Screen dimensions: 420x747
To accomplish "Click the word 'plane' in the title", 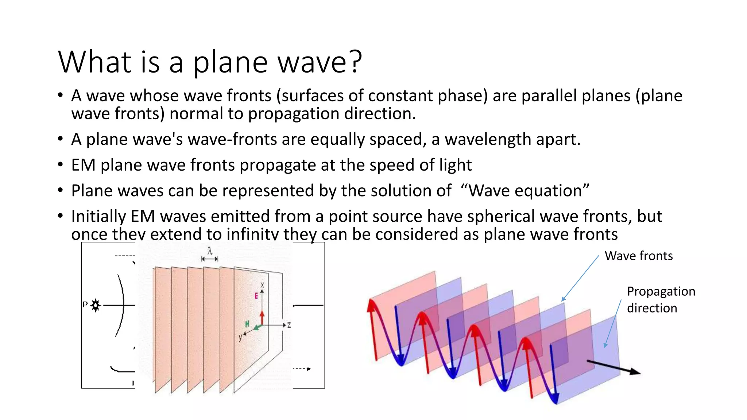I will [x=230, y=62].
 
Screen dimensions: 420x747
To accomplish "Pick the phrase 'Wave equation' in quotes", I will [x=525, y=191].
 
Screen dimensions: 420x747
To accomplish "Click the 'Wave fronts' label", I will [x=638, y=256].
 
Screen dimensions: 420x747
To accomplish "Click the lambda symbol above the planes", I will [x=210, y=251].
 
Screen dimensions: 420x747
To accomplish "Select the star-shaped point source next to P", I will [x=96, y=305].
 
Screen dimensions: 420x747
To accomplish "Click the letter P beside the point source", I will [x=85, y=304].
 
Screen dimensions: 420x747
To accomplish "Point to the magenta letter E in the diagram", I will [x=256, y=296].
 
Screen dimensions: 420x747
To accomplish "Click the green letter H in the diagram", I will [x=247, y=324].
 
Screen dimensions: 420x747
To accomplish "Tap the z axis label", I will [x=289, y=325].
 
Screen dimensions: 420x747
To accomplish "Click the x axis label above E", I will [x=262, y=285].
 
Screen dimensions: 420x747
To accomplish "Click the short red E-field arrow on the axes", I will [x=262, y=317].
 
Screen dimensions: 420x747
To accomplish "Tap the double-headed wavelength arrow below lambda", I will [x=210, y=259].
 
